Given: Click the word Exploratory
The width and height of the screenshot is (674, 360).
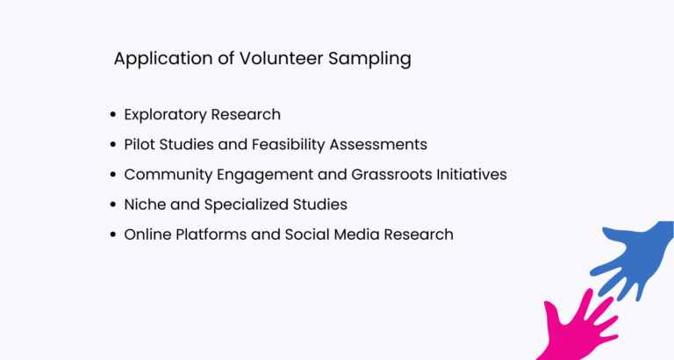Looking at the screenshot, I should click(165, 115).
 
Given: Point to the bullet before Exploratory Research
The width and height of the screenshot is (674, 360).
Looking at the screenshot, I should click(112, 115).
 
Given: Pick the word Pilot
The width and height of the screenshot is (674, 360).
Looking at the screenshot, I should click(137, 145).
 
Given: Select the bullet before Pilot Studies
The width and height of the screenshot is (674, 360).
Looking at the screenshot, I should click(112, 145).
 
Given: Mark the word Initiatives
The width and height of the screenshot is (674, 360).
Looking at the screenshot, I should click(475, 175).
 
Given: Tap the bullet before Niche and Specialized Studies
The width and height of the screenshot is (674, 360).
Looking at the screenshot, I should click(112, 205).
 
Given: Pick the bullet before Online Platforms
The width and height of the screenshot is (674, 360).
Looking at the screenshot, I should click(112, 234).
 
